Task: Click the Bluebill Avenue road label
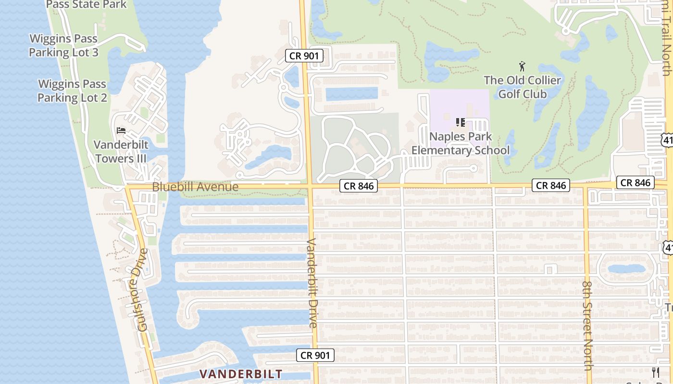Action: pos(195,187)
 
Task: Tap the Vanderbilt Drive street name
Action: pos(313,283)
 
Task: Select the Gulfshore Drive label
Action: pos(142,290)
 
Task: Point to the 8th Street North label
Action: pos(587,325)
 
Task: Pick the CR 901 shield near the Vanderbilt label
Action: pos(314,355)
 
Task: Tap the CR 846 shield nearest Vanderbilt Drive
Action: pos(359,186)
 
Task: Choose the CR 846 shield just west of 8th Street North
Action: pos(550,185)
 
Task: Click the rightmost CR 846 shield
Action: pos(636,182)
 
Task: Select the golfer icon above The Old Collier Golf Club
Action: pos(523,66)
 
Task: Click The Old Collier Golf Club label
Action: pos(523,87)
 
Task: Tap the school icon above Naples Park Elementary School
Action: pos(460,122)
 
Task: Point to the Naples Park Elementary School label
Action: pos(461,144)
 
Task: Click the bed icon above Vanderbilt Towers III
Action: pos(121,131)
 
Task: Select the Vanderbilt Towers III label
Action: pos(121,152)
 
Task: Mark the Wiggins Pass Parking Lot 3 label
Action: pos(63,46)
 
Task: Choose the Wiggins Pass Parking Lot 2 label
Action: pos(72,91)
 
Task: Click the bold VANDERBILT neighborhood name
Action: pos(241,374)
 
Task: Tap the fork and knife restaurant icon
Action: pos(656,372)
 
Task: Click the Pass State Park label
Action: pos(87,5)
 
